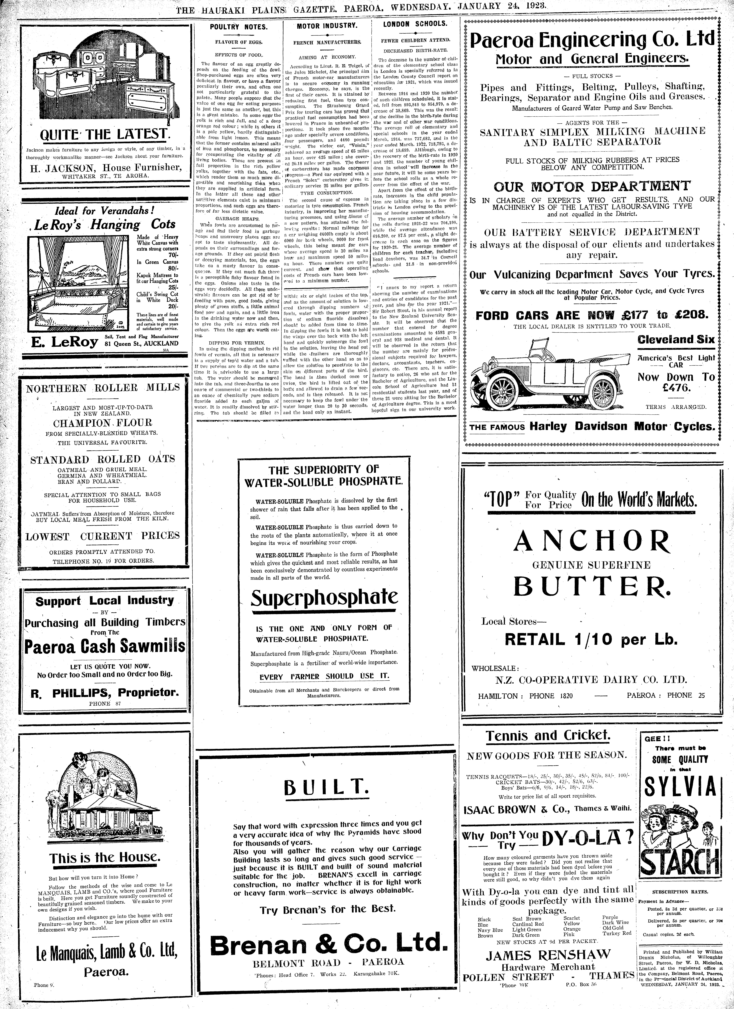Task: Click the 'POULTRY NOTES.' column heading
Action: click(239, 27)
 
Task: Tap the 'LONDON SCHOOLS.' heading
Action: click(415, 24)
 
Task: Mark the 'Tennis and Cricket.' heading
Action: click(548, 735)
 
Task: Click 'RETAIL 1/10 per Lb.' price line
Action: click(591, 639)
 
